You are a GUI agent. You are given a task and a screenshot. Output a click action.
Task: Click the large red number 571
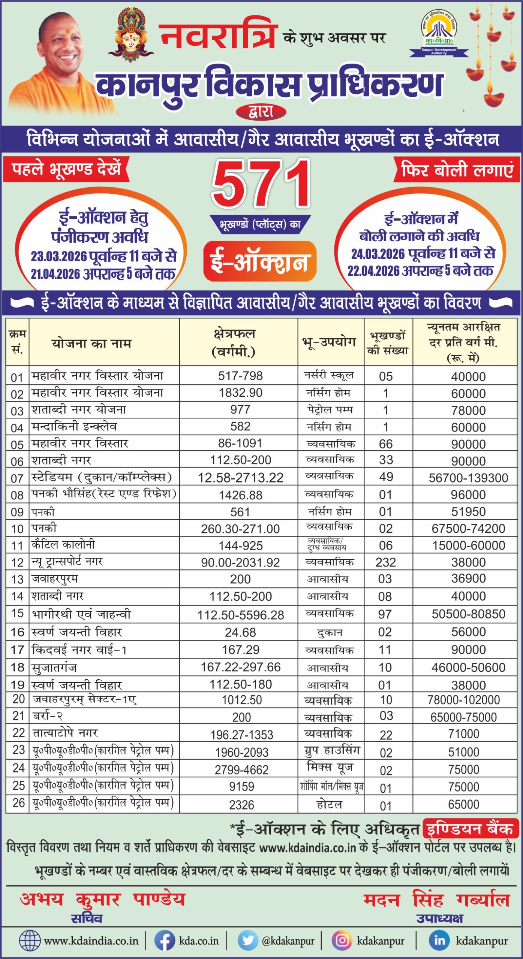[261, 184]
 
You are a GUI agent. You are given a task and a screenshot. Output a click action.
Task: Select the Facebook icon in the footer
[165, 940]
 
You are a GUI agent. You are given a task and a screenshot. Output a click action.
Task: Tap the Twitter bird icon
[247, 940]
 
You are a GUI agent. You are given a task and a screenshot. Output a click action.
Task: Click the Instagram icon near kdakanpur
[342, 940]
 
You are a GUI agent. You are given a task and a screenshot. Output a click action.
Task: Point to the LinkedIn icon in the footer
[439, 940]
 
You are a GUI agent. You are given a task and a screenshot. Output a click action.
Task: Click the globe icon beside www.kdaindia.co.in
[30, 940]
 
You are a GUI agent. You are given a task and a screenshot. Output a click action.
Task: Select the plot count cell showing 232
[386, 562]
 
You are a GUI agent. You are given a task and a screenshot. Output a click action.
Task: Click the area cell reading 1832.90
[240, 393]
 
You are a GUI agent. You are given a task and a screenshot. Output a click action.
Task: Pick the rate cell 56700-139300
[468, 478]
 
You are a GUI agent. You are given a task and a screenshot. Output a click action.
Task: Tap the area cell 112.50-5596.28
[240, 615]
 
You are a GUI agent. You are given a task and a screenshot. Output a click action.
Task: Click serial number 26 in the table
[18, 803]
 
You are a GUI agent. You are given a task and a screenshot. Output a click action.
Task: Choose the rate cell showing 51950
[468, 512]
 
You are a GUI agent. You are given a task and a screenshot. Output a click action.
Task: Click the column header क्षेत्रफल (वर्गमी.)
[234, 342]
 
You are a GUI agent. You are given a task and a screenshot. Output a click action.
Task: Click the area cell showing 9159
[241, 786]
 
